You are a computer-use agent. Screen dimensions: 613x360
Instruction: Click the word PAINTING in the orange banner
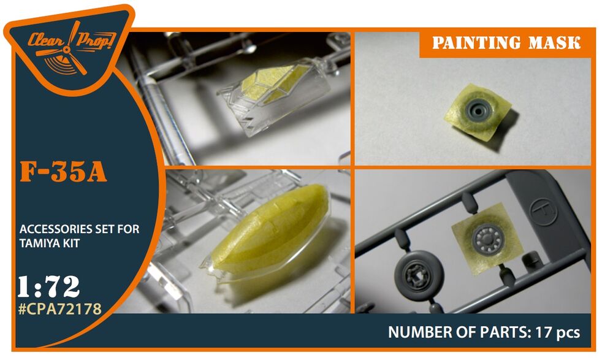click(476, 43)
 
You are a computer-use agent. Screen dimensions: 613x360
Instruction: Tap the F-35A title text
click(63, 172)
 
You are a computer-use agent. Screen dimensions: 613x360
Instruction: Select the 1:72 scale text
click(49, 286)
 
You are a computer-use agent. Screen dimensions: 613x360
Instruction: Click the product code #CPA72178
click(60, 308)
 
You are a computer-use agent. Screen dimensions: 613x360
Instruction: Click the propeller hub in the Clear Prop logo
click(67, 50)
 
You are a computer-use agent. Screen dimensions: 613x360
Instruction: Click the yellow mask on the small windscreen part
click(273, 83)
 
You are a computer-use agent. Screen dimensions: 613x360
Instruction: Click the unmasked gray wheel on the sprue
click(419, 276)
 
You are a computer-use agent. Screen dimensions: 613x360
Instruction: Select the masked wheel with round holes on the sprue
click(487, 239)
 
